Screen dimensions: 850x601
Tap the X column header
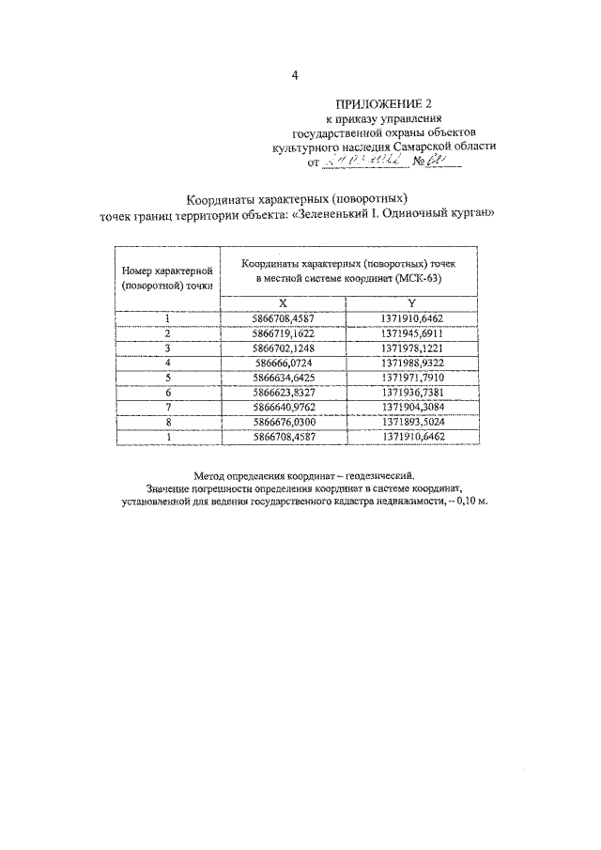pos(283,302)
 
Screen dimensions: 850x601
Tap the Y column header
pos(411,302)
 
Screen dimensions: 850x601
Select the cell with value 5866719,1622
pos(283,333)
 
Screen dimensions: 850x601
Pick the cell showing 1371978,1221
pos(411,348)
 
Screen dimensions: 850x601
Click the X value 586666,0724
pos(283,362)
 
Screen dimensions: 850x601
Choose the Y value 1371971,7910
pos(411,376)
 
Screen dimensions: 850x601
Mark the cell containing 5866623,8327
pos(283,391)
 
